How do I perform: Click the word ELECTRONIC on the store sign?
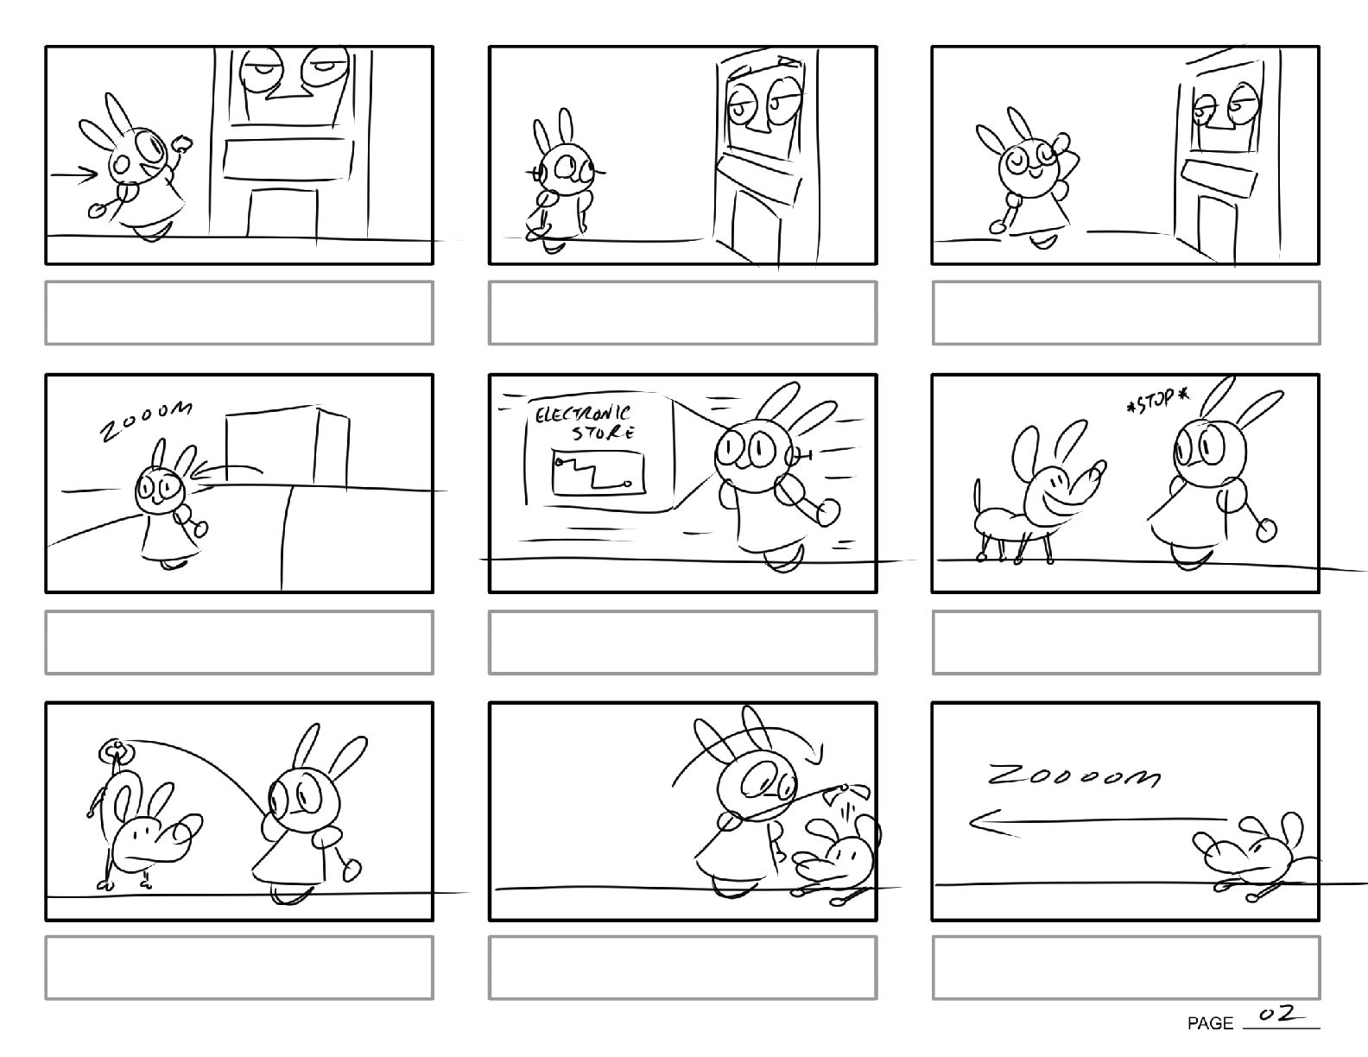[x=582, y=415]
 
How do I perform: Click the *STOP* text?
[x=1158, y=400]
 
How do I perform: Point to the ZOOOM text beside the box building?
[x=146, y=421]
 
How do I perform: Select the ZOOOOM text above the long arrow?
[x=1073, y=775]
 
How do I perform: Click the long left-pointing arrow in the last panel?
[x=1099, y=822]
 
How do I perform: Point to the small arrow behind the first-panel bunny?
[x=74, y=175]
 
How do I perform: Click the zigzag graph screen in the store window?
[x=598, y=472]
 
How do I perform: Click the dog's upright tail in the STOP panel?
[x=978, y=501]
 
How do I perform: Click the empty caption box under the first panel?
[x=239, y=313]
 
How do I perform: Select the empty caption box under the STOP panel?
[x=1125, y=642]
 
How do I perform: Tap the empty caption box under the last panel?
[x=1125, y=967]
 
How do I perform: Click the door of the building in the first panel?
[x=283, y=212]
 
